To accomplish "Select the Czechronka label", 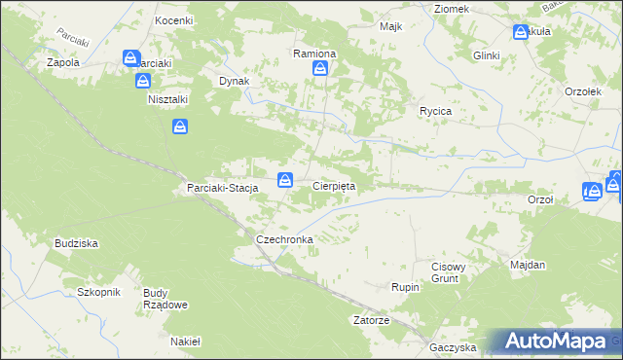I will click(x=282, y=238).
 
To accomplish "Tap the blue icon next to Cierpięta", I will click(x=285, y=179).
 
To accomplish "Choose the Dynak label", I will click(x=235, y=82).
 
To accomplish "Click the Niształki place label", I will click(x=167, y=99).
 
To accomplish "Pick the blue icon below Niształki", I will click(x=180, y=126).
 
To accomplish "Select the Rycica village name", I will click(x=435, y=111).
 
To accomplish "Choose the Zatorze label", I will click(x=372, y=320).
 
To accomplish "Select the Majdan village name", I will click(x=528, y=265).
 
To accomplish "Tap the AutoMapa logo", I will click(x=559, y=341).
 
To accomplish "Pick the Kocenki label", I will click(x=174, y=19).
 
